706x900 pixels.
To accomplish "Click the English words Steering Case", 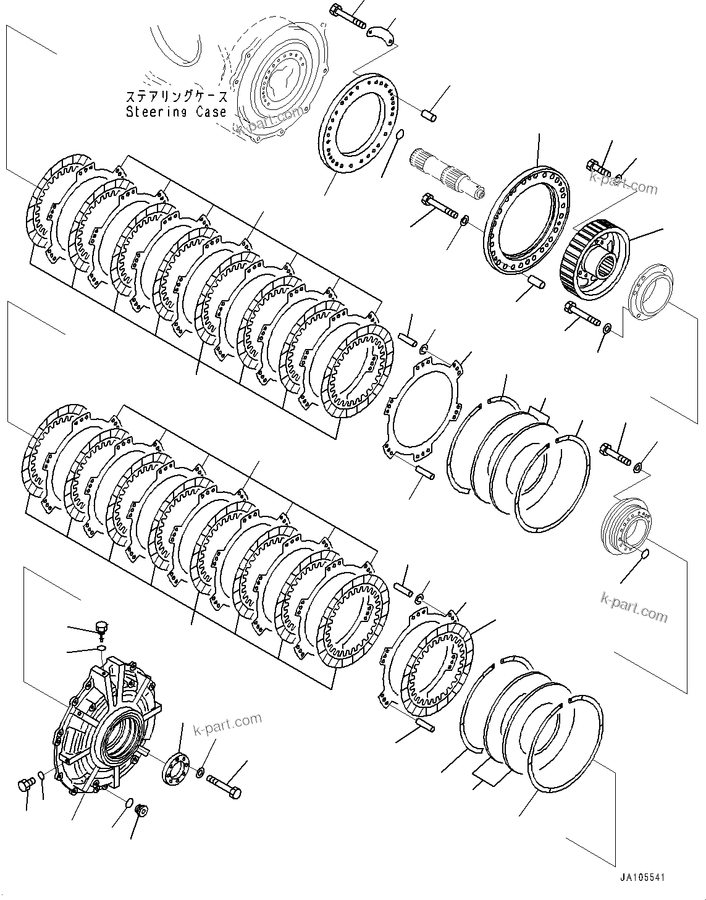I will (175, 112).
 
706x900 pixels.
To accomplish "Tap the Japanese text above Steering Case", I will (176, 97).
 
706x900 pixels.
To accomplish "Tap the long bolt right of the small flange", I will (224, 785).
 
